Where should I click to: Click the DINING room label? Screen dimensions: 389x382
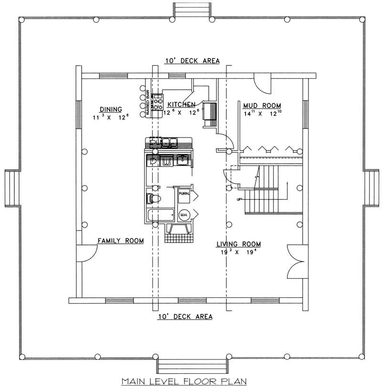[110, 109]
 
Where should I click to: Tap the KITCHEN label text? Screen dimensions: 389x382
[180, 105]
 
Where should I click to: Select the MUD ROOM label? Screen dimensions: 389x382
[262, 105]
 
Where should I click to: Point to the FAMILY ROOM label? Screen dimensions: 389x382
[121, 241]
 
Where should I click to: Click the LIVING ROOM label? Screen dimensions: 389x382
[238, 244]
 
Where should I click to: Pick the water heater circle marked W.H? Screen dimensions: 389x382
[183, 215]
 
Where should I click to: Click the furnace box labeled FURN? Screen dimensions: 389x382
[184, 194]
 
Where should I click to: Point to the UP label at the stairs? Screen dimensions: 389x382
[239, 200]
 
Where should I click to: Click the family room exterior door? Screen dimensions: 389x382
[85, 253]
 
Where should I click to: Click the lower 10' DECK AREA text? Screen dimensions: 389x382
[185, 316]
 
